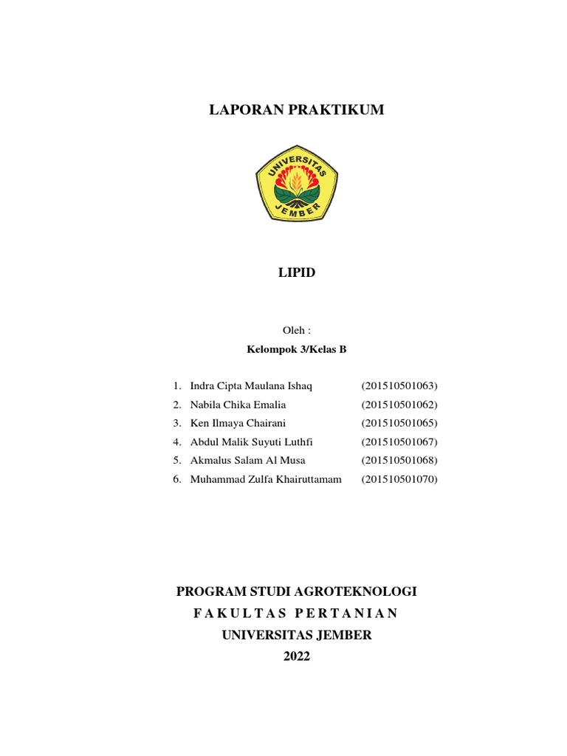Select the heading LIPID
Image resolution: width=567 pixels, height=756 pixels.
[x=296, y=273]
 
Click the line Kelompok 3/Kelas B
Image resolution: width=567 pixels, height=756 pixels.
[x=296, y=349]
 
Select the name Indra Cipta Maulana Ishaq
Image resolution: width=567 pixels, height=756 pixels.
[x=252, y=386]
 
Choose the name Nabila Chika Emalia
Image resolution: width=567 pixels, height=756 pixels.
[x=238, y=405]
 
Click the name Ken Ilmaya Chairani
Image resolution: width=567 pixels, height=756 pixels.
[x=237, y=424]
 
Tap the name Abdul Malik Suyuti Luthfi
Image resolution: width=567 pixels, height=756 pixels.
[x=252, y=442]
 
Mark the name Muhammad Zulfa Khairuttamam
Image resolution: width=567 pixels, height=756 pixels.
[x=266, y=480]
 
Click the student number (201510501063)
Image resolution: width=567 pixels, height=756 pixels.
[x=399, y=386]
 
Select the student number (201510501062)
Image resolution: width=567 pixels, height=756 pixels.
[x=399, y=405]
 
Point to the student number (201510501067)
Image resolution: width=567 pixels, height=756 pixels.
[x=399, y=442]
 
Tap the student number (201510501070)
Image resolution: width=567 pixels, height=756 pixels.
[x=399, y=480]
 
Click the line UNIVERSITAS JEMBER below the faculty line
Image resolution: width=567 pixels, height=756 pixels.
[x=297, y=635]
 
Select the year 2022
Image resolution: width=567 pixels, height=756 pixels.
[x=297, y=656]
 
